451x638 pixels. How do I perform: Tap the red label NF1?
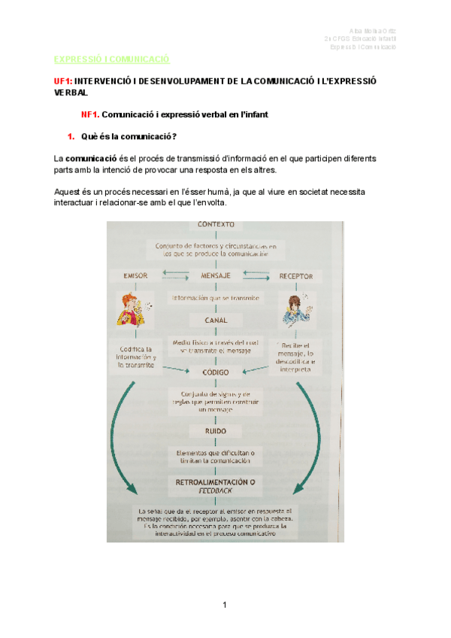click(90, 115)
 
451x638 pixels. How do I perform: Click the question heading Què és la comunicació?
click(128, 137)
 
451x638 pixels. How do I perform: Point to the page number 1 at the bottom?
click(225, 605)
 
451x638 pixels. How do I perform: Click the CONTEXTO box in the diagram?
click(216, 224)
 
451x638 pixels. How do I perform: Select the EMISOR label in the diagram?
click(136, 275)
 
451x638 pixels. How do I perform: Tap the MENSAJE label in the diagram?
click(216, 275)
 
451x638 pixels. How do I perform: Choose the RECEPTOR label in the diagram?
click(296, 275)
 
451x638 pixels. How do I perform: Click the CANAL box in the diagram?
click(216, 320)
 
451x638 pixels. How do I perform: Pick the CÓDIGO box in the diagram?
click(216, 372)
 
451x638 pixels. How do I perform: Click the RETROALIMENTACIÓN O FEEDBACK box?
click(216, 485)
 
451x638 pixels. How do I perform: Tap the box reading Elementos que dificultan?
click(216, 457)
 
